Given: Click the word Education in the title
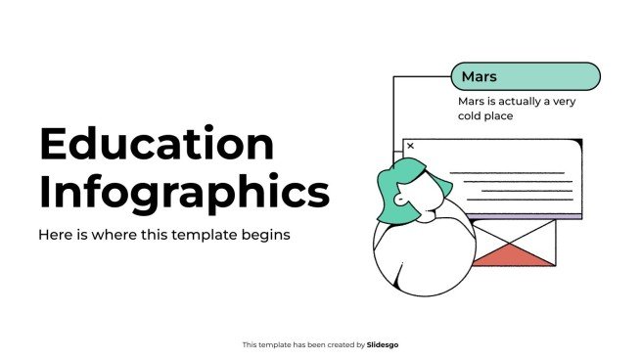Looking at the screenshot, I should click(x=157, y=145).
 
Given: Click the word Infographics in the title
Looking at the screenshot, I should click(x=184, y=193).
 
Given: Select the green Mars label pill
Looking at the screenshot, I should click(x=525, y=76).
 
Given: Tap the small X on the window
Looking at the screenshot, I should click(x=410, y=146).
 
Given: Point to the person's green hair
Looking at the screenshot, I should click(x=396, y=187).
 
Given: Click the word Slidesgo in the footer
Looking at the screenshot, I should click(x=383, y=344).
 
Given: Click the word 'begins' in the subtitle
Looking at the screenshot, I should click(x=269, y=236).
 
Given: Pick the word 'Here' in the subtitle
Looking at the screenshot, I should click(x=54, y=236).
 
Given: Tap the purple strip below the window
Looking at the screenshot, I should click(x=523, y=216).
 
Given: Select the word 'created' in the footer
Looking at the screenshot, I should click(x=335, y=344).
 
